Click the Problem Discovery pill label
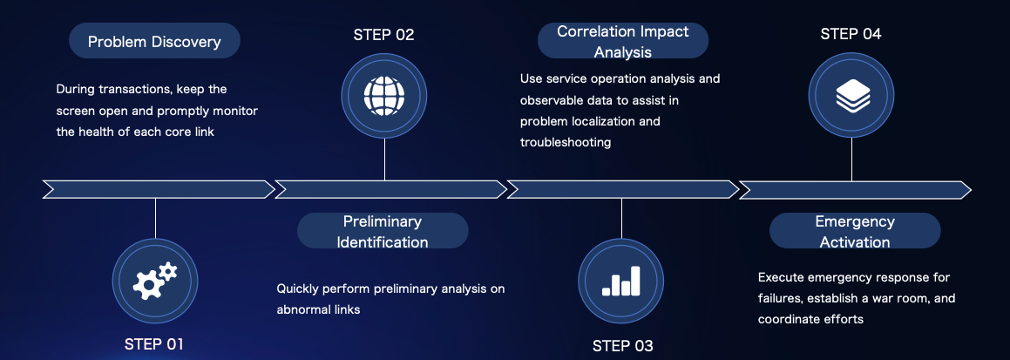(x=154, y=41)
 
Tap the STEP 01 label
(x=154, y=343)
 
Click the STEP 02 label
(x=383, y=35)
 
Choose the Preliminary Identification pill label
(x=383, y=231)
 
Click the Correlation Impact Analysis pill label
(x=622, y=41)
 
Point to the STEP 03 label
(x=622, y=345)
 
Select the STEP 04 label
(x=851, y=34)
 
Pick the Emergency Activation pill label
(x=854, y=231)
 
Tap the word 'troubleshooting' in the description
(x=566, y=142)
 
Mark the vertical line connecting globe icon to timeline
(x=384, y=159)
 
